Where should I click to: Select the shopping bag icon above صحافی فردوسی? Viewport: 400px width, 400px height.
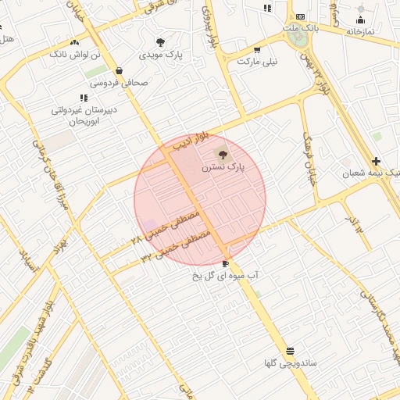[x=120, y=70]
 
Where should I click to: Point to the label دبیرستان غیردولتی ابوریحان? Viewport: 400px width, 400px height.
[x=84, y=116]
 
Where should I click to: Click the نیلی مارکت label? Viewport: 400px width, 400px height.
[x=258, y=60]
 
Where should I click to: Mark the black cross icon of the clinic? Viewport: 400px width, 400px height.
[x=377, y=161]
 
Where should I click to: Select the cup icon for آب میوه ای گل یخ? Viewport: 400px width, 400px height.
[x=226, y=263]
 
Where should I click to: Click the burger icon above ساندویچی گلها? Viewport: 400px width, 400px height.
[x=290, y=350]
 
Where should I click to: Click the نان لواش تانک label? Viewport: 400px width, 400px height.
[x=75, y=55]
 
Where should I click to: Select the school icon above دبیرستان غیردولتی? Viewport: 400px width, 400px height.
[x=83, y=98]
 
